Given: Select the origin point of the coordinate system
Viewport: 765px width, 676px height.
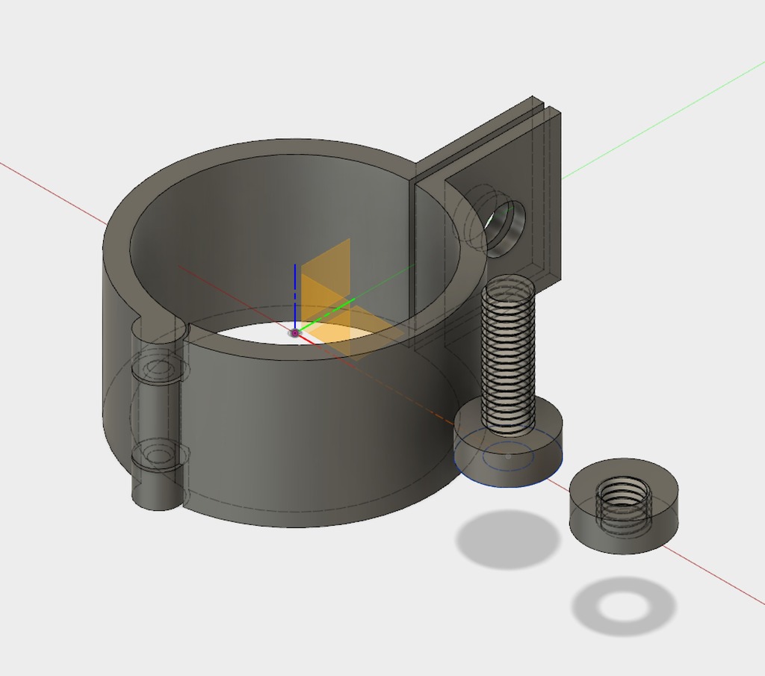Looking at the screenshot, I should pyautogui.click(x=295, y=332).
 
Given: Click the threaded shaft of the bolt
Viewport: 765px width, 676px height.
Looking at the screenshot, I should pyautogui.click(x=508, y=351).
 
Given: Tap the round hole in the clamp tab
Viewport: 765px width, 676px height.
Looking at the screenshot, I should pyautogui.click(x=505, y=222).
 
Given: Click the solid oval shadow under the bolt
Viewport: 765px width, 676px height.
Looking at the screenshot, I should pyautogui.click(x=508, y=538).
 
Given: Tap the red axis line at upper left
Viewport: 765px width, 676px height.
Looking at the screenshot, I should pyautogui.click(x=52, y=191).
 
